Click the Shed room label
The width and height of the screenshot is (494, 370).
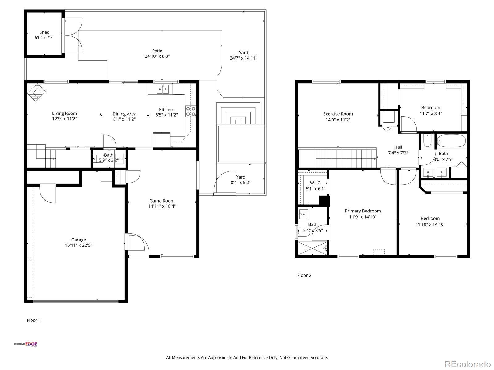[x=44, y=32]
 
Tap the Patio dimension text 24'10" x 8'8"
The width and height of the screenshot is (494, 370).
[x=157, y=56]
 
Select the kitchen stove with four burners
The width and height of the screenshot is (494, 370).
[x=190, y=111]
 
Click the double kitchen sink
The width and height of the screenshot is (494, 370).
[x=162, y=89]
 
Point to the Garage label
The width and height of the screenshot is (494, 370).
[x=78, y=240]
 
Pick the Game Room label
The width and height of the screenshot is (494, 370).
[x=162, y=201]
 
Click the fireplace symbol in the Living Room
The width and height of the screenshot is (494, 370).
[x=36, y=92]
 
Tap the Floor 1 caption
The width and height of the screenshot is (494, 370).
[x=34, y=320]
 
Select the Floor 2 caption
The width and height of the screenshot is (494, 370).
[x=304, y=275]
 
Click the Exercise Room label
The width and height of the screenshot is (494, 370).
[x=338, y=114]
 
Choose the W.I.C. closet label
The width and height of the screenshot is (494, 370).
[x=316, y=183]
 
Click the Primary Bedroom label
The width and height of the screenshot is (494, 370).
[x=363, y=211]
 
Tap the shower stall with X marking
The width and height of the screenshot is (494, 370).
[x=312, y=248]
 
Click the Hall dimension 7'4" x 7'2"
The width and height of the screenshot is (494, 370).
[x=398, y=153]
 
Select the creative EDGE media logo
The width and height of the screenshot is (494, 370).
[x=25, y=344]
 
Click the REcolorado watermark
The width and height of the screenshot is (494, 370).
[x=467, y=364]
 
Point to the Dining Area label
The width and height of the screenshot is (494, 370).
[x=124, y=114]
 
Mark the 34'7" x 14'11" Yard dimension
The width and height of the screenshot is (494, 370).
[x=243, y=58]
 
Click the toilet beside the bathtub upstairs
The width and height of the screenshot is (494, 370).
[x=427, y=140]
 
